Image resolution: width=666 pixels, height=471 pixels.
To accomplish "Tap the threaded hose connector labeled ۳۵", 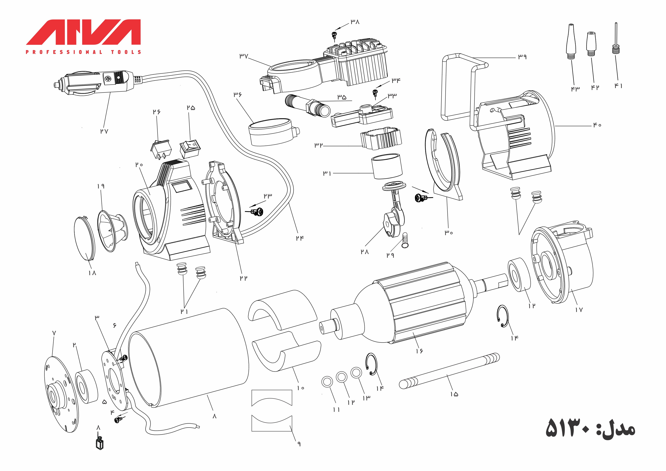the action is pos(308,105).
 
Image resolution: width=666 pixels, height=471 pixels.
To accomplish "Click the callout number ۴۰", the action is pos(597,125).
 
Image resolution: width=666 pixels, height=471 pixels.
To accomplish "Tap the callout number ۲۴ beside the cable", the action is pos(300,238).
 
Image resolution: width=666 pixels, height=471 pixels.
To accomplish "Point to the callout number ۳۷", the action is pos(244,56).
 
